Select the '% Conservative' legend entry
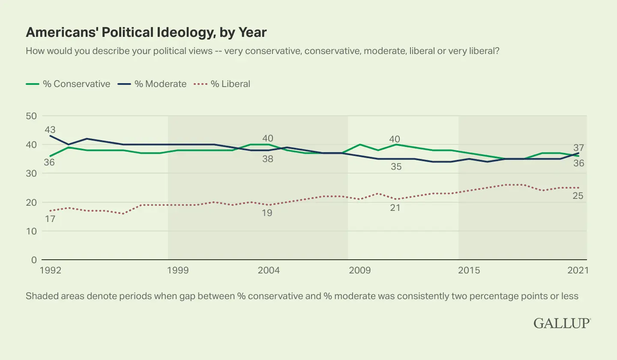pyautogui.click(x=68, y=84)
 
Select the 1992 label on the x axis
pyautogui.click(x=50, y=270)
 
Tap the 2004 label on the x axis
pyautogui.click(x=268, y=270)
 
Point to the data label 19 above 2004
pyautogui.click(x=267, y=213)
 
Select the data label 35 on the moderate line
pyautogui.click(x=396, y=166)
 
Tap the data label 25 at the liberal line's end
pyautogui.click(x=579, y=196)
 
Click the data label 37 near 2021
pyautogui.click(x=579, y=148)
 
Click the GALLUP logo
pyautogui.click(x=562, y=323)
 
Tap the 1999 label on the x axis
pyautogui.click(x=177, y=270)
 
